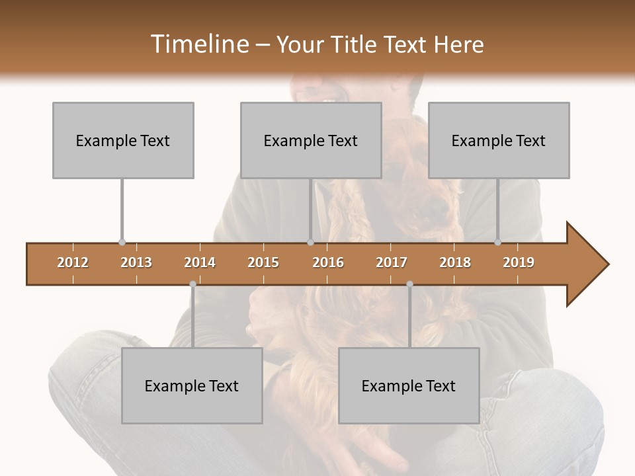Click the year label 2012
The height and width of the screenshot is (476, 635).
[x=73, y=262]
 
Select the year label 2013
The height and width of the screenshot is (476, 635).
[x=136, y=262]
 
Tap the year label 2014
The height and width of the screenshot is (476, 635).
[x=200, y=262]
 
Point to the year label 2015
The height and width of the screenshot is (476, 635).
[x=263, y=262]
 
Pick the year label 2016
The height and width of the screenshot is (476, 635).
[x=328, y=262]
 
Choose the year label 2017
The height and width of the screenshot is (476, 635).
[x=392, y=262]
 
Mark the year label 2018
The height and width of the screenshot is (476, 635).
[x=455, y=262]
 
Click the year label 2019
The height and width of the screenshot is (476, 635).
[x=519, y=262]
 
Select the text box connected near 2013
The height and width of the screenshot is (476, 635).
[x=123, y=140]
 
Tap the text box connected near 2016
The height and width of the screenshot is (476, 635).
[x=311, y=140]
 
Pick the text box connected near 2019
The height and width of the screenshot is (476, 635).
[x=499, y=140]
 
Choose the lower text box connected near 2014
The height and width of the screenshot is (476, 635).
[x=192, y=385]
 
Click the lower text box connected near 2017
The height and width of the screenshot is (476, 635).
[x=409, y=385]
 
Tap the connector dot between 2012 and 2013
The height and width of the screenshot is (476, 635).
[x=122, y=243]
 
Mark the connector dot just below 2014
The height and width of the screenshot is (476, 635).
[x=192, y=284]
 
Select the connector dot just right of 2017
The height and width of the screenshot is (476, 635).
[x=409, y=284]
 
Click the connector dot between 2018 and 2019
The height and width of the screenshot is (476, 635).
[x=498, y=243]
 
